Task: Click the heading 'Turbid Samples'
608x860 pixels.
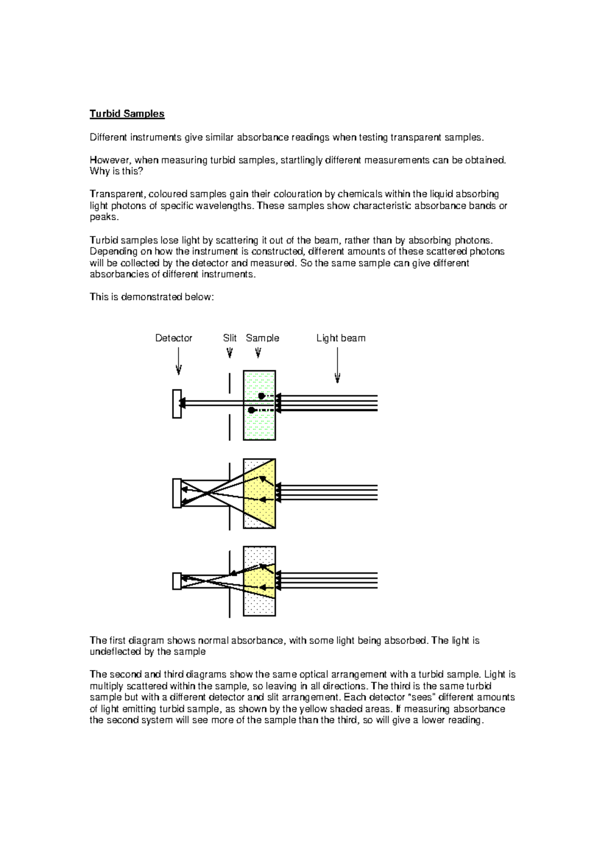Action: pos(127,113)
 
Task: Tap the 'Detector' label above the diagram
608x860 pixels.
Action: pos(173,338)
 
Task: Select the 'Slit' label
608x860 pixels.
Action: pos(230,338)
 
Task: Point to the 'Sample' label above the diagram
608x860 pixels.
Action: pos(262,338)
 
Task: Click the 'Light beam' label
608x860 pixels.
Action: pos(340,338)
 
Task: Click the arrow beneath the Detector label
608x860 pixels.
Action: pos(178,363)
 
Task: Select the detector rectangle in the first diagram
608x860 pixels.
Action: pos(177,404)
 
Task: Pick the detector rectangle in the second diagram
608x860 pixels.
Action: pos(177,493)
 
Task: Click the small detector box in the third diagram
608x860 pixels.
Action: pos(177,581)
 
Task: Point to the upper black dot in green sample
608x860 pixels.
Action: pos(261,396)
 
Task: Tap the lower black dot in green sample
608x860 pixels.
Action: pos(252,410)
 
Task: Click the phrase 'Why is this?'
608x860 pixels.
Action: pos(116,171)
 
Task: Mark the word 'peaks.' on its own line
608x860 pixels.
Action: pos(104,217)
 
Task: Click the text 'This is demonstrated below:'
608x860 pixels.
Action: pos(151,297)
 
